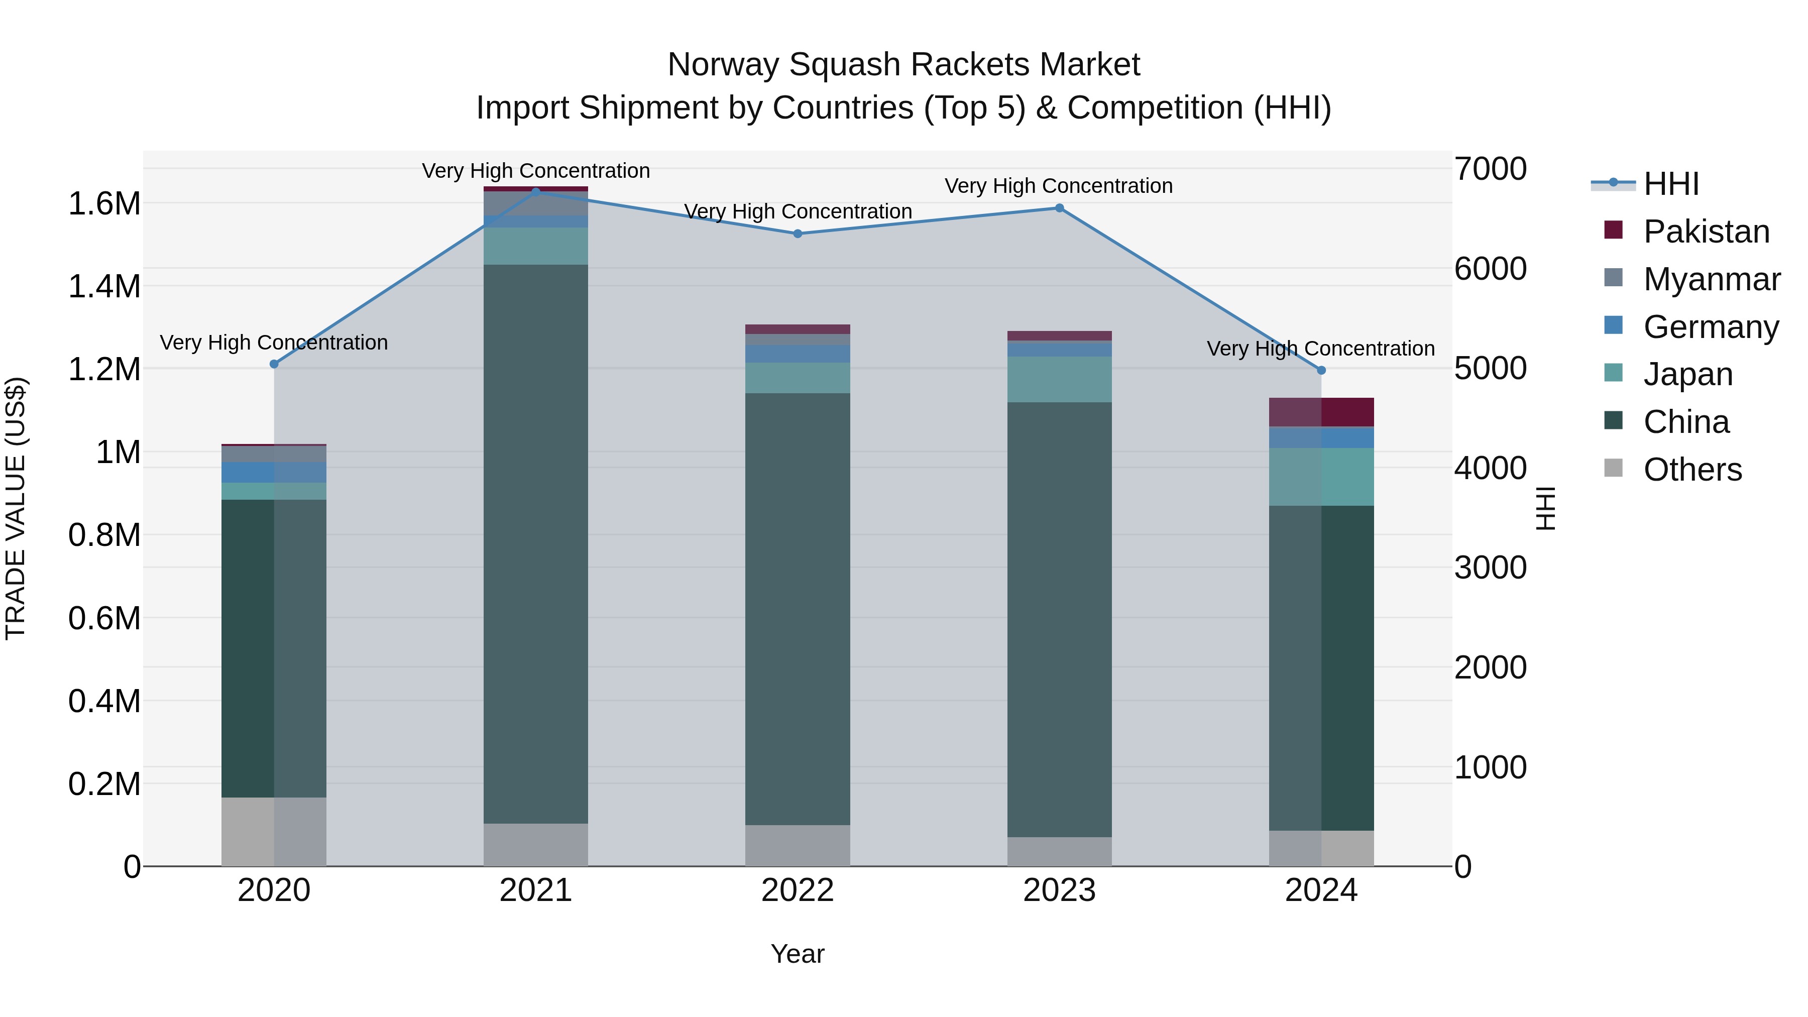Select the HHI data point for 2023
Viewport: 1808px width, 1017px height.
pyautogui.click(x=1059, y=208)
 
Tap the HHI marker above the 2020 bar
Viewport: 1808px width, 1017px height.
pyautogui.click(x=274, y=364)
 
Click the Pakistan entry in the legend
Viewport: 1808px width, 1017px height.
pyautogui.click(x=1706, y=232)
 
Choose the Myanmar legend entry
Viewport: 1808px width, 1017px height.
pyautogui.click(x=1711, y=279)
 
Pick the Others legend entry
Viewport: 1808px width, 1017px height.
pyautogui.click(x=1691, y=470)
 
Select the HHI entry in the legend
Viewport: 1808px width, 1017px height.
pyautogui.click(x=1670, y=184)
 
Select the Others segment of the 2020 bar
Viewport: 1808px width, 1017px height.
pyautogui.click(x=274, y=831)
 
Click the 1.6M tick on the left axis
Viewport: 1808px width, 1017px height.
pyautogui.click(x=104, y=204)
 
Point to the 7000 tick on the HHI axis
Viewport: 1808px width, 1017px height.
pyautogui.click(x=1490, y=169)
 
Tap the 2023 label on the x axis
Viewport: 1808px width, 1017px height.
pyautogui.click(x=1059, y=890)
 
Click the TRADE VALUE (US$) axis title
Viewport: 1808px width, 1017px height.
pyautogui.click(x=16, y=508)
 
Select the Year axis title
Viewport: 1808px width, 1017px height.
pyautogui.click(x=798, y=954)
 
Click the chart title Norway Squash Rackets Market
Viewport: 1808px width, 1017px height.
pyautogui.click(x=903, y=65)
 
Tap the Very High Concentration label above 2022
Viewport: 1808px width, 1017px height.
pyautogui.click(x=798, y=211)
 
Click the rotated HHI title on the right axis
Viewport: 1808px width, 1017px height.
pyautogui.click(x=1545, y=508)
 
